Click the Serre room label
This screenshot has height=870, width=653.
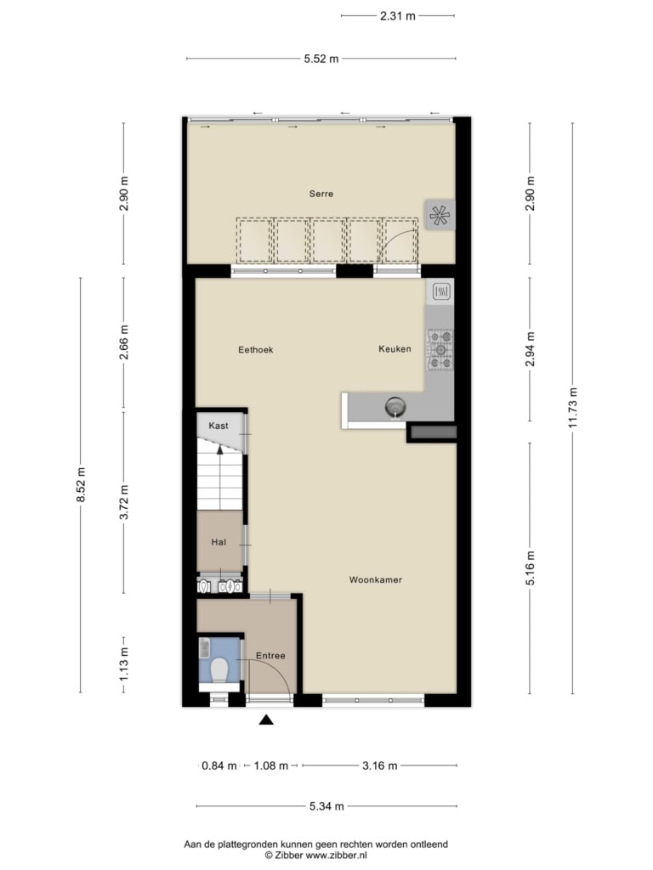[x=321, y=194]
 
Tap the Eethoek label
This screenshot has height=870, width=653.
[x=255, y=349]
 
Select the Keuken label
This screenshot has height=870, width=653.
[x=395, y=348]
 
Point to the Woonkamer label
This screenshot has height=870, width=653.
[x=375, y=579]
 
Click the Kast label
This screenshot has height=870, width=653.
[x=219, y=426]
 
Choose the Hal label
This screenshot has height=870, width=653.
[x=219, y=542]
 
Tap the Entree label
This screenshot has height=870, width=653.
[x=270, y=655]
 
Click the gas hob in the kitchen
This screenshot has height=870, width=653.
[x=440, y=349]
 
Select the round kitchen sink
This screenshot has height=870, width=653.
[x=395, y=407]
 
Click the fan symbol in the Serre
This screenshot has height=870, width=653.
[x=440, y=215]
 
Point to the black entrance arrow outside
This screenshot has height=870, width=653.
[x=266, y=720]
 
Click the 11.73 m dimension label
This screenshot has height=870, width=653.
[x=573, y=407]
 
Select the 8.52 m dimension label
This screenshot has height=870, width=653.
[x=81, y=485]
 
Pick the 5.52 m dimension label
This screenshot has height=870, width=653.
[x=321, y=59]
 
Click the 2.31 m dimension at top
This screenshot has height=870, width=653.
[x=398, y=16]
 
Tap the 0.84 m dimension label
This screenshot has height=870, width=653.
[x=219, y=765]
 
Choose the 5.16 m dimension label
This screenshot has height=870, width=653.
[x=531, y=568]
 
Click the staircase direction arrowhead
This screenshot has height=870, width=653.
[x=220, y=449]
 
